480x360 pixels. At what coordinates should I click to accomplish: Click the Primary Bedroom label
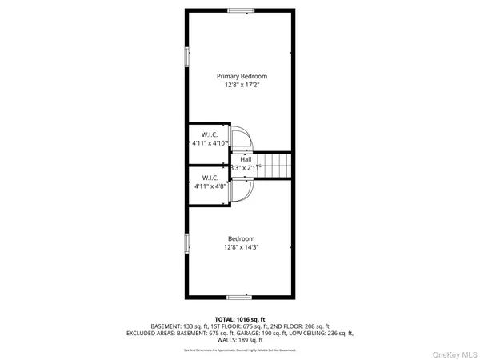(241, 76)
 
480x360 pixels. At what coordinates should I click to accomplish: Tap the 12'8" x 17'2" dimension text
(241, 85)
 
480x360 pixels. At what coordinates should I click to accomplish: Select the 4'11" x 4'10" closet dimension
(209, 143)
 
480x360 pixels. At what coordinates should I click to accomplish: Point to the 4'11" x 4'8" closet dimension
(210, 186)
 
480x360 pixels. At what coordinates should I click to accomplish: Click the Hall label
(246, 159)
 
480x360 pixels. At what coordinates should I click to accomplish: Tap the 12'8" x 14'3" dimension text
(241, 247)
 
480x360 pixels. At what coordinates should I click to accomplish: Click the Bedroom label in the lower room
(241, 238)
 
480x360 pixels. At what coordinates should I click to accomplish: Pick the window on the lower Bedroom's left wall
(188, 245)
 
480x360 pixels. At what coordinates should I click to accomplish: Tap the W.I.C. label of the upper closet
(210, 134)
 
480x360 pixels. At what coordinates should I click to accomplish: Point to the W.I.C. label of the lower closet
(210, 177)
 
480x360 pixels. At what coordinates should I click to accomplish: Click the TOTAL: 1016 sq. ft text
(240, 318)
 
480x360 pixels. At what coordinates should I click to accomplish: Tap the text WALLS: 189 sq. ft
(240, 339)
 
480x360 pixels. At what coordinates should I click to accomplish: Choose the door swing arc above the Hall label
(241, 136)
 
